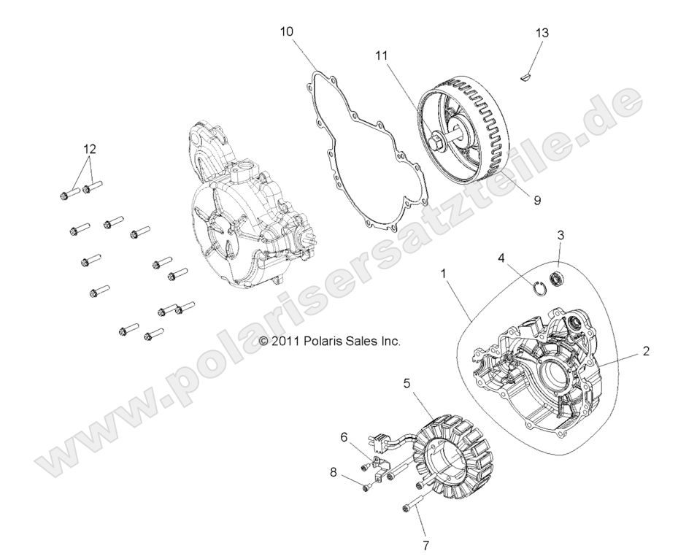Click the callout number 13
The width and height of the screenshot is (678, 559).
pos(542,33)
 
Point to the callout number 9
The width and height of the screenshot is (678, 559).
pos(536,199)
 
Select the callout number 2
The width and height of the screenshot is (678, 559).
pos(645,351)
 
